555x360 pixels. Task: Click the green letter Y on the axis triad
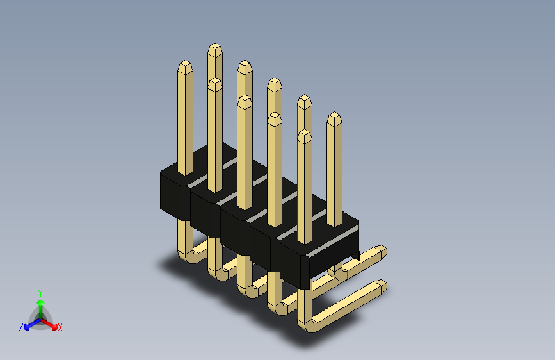[40, 293]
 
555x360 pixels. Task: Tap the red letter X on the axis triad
[60, 327]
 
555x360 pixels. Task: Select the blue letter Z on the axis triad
[21, 327]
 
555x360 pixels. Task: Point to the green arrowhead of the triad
[40, 303]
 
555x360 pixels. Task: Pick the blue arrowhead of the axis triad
[27, 327]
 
